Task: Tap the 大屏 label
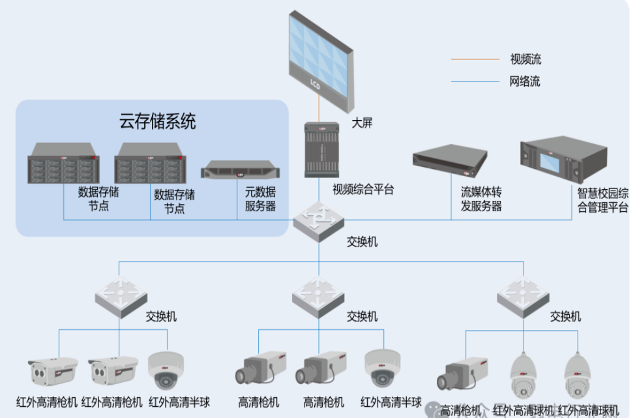(x=363, y=123)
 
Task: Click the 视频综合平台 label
(x=364, y=190)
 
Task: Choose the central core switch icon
(x=319, y=221)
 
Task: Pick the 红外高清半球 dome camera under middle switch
(x=383, y=369)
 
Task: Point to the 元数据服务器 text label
(x=260, y=199)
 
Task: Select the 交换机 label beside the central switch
(x=362, y=242)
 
